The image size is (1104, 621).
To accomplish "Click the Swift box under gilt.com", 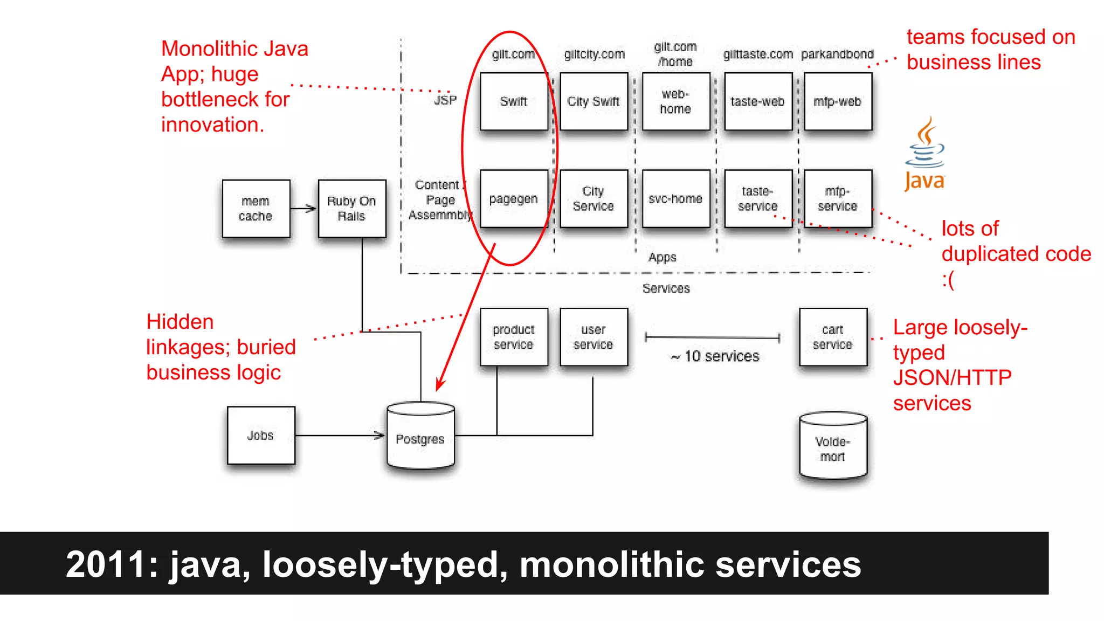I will (514, 101).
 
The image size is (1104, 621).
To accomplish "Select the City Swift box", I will (594, 101).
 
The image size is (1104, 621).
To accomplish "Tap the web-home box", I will (675, 101).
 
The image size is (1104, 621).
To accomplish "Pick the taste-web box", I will (757, 101).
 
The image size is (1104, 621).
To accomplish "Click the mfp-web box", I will (837, 101).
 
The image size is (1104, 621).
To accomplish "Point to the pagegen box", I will (514, 199).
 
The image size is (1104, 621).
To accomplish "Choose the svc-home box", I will (675, 199).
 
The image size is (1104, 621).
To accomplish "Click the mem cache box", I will (256, 209).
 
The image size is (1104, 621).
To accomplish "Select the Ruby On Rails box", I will (351, 209).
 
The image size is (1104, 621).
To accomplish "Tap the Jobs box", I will (261, 435).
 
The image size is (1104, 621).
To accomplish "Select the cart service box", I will (833, 337).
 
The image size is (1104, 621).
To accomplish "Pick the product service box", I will (514, 337).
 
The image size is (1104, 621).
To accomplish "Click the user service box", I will (594, 337).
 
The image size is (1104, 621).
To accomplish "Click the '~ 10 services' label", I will (715, 356).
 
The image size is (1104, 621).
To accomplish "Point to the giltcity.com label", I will (594, 54).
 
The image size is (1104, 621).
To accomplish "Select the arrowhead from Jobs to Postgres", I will (380, 435).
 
